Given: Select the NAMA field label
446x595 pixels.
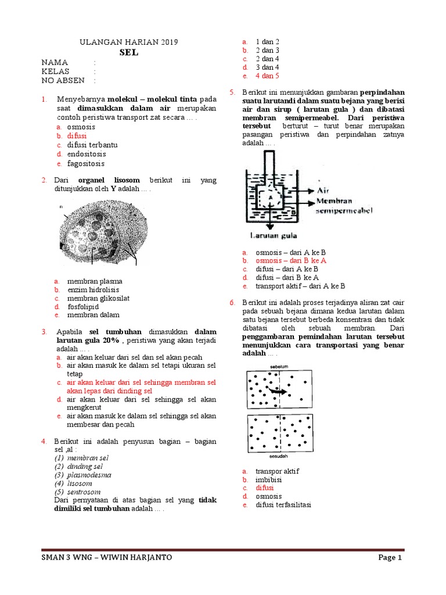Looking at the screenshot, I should (55, 62).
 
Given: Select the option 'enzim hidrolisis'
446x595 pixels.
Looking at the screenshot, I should (93, 289).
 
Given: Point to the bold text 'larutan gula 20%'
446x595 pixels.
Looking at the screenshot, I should (88, 340).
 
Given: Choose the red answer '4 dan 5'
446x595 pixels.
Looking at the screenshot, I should (267, 76).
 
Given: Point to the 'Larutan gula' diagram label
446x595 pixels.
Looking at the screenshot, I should (274, 236).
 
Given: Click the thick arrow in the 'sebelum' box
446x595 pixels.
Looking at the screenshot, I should (278, 392).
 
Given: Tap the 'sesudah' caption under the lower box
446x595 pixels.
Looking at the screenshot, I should (279, 457).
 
